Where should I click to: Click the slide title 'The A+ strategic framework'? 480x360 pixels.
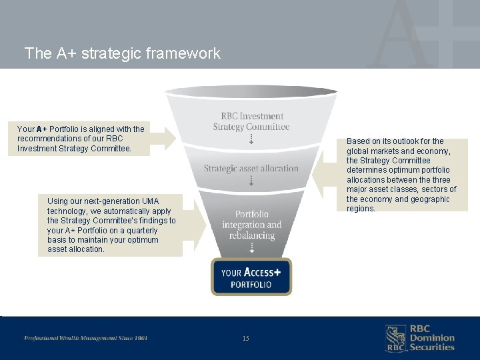[122, 53]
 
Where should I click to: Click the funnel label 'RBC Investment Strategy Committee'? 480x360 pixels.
[251, 121]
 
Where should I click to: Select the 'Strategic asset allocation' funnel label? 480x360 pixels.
[251, 169]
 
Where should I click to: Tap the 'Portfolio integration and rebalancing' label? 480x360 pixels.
[252, 225]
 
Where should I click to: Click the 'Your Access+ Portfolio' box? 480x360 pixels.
[251, 277]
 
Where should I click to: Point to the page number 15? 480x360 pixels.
[245, 339]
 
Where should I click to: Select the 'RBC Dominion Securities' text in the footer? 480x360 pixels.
[431, 338]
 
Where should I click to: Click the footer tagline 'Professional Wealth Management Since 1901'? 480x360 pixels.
[86, 338]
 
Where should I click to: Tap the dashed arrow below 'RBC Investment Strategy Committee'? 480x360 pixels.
[251, 139]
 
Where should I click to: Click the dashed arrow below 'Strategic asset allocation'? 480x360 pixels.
[251, 181]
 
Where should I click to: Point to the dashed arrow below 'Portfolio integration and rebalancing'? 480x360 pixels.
[251, 248]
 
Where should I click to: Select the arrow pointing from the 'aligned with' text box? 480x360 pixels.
[163, 138]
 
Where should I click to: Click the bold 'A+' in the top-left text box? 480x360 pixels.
[41, 129]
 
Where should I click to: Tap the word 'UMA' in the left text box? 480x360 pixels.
[151, 201]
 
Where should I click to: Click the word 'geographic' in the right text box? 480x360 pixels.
[430, 199]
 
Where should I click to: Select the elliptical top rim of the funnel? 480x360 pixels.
[251, 91]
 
